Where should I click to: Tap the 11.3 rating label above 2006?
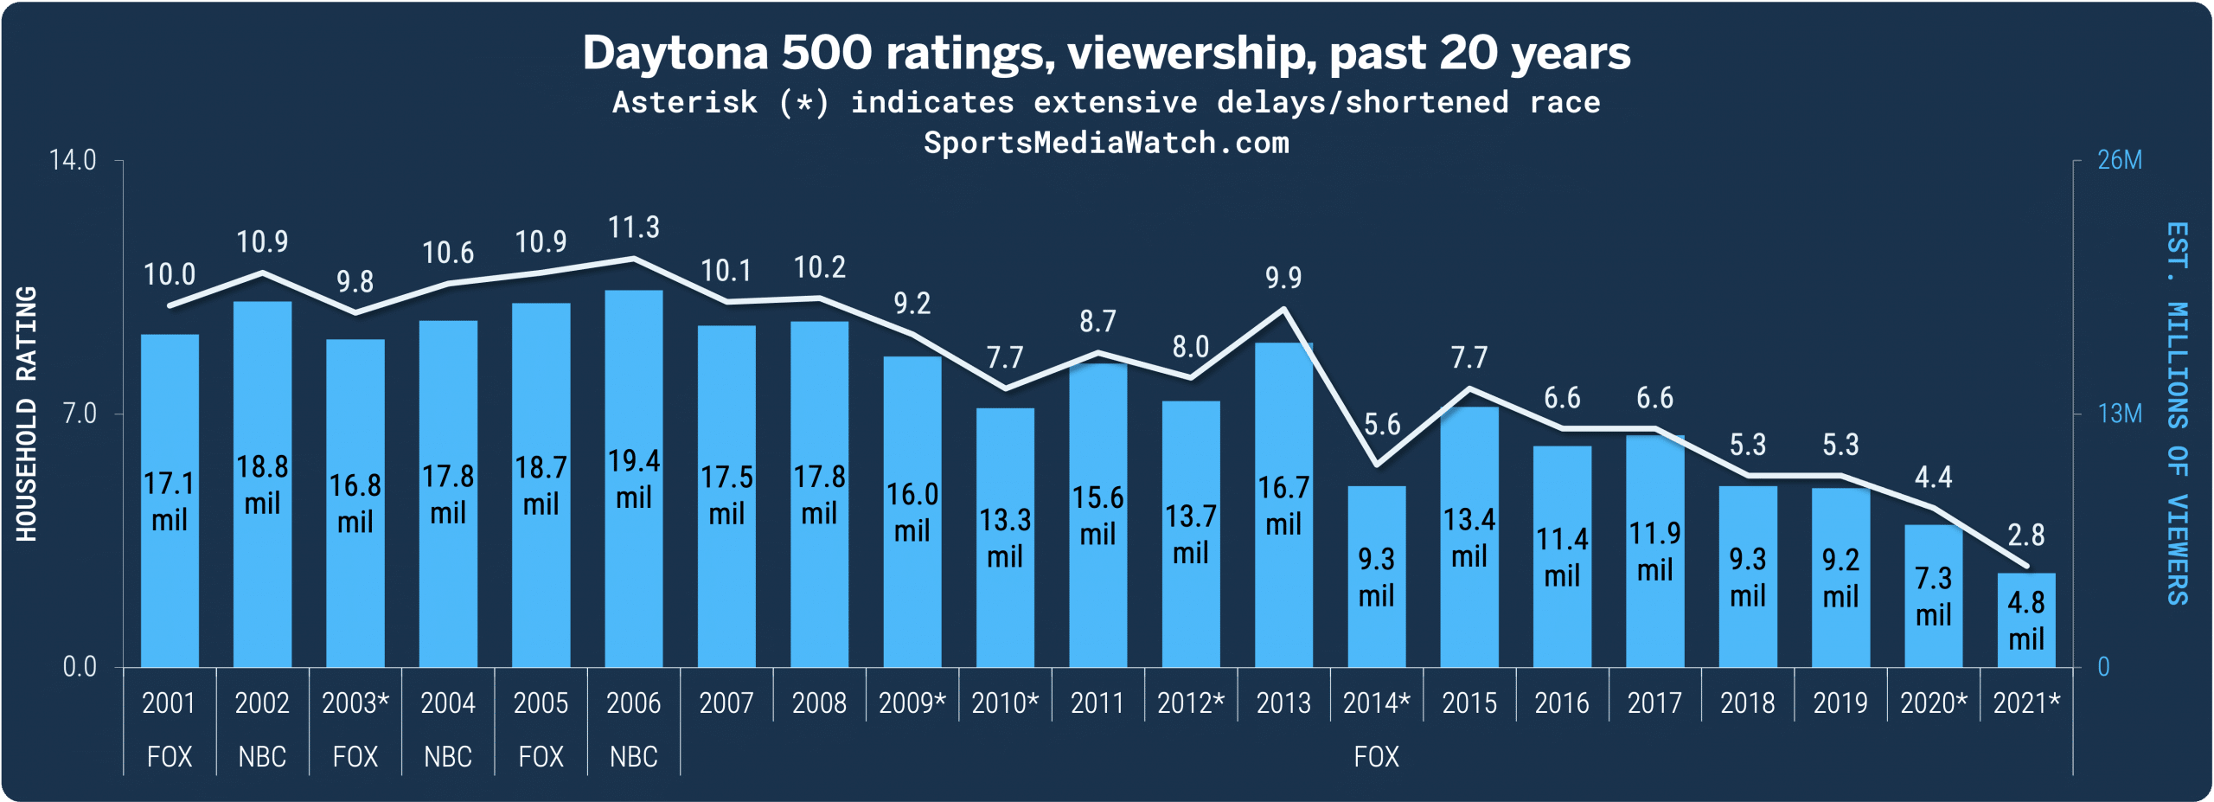pyautogui.click(x=633, y=228)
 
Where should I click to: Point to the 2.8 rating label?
pyautogui.click(x=2025, y=536)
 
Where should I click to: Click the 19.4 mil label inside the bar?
pyautogui.click(x=633, y=478)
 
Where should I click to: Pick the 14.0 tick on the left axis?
pyautogui.click(x=73, y=161)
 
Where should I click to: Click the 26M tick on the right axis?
pyautogui.click(x=2120, y=161)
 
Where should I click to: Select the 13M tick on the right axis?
pyautogui.click(x=2120, y=414)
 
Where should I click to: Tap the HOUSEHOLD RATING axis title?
pyautogui.click(x=27, y=414)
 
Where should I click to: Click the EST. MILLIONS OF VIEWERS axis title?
pyautogui.click(x=2177, y=414)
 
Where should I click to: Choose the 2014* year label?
pyautogui.click(x=1376, y=703)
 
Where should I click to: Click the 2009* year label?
pyautogui.click(x=912, y=703)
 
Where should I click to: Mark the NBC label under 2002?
pyautogui.click(x=262, y=757)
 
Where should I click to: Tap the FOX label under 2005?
pyautogui.click(x=541, y=757)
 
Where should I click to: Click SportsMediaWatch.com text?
pyautogui.click(x=1106, y=143)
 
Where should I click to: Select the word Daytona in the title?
pyautogui.click(x=675, y=54)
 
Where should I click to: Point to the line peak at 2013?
pyautogui.click(x=1284, y=309)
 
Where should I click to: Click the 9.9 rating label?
pyautogui.click(x=1283, y=278)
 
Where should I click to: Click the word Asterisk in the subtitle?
pyautogui.click(x=684, y=103)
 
